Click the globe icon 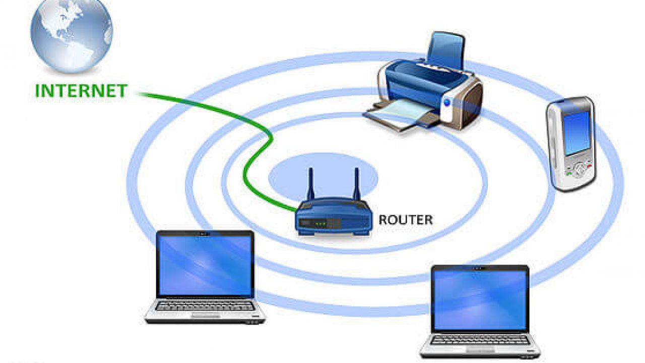[72, 33]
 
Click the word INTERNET [81, 91]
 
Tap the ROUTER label [406, 220]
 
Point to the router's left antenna [310, 184]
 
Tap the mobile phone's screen [576, 132]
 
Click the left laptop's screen [205, 265]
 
